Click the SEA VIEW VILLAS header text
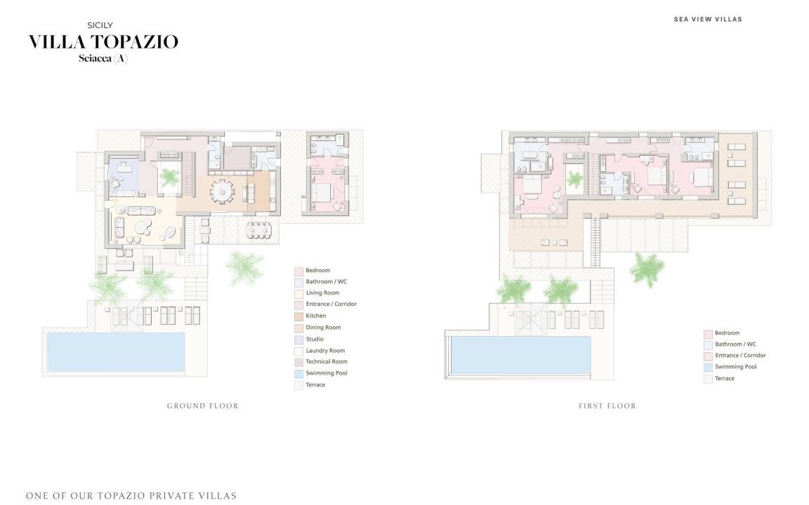[x=708, y=19]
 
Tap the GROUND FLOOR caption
[x=203, y=406]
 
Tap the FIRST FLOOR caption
[x=607, y=406]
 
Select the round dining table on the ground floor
[x=222, y=191]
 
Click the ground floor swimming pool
[x=116, y=351]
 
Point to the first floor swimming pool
[x=520, y=356]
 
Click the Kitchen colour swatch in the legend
[x=298, y=316]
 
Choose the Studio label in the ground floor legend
[x=315, y=339]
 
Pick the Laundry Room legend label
[x=326, y=351]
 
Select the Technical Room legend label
[x=327, y=362]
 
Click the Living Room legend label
[x=322, y=292]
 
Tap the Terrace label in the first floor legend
[x=725, y=378]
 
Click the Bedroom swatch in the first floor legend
[x=708, y=334]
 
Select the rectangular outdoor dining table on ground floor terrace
[x=258, y=229]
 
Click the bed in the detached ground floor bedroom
[x=322, y=192]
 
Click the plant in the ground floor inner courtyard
[x=169, y=177]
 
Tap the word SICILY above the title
[x=100, y=25]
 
